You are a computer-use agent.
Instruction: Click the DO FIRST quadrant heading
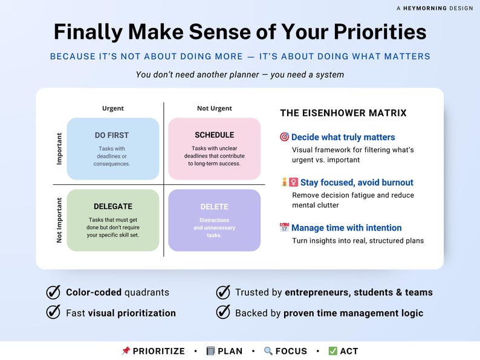click(112, 135)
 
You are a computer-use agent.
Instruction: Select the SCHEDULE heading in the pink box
click(214, 135)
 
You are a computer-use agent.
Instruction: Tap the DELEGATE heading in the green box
click(112, 207)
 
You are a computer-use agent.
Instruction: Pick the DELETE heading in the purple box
click(214, 207)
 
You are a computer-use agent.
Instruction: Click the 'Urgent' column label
click(112, 109)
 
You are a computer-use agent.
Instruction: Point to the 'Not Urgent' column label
click(214, 109)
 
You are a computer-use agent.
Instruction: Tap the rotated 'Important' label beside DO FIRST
click(59, 149)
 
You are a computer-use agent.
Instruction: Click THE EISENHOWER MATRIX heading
click(343, 113)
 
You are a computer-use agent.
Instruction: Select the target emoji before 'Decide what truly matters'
click(284, 137)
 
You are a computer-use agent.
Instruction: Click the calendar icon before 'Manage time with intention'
click(284, 228)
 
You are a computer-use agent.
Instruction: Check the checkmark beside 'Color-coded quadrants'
click(54, 292)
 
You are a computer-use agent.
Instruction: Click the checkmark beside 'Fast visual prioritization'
click(54, 312)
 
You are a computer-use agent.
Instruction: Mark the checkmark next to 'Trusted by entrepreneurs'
click(224, 292)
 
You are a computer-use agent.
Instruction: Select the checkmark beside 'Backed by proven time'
click(224, 312)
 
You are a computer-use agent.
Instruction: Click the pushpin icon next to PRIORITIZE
click(126, 351)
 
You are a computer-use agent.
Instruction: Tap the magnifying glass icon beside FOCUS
click(268, 351)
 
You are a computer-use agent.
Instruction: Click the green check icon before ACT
click(332, 351)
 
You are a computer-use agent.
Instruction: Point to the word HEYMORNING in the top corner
click(426, 8)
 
